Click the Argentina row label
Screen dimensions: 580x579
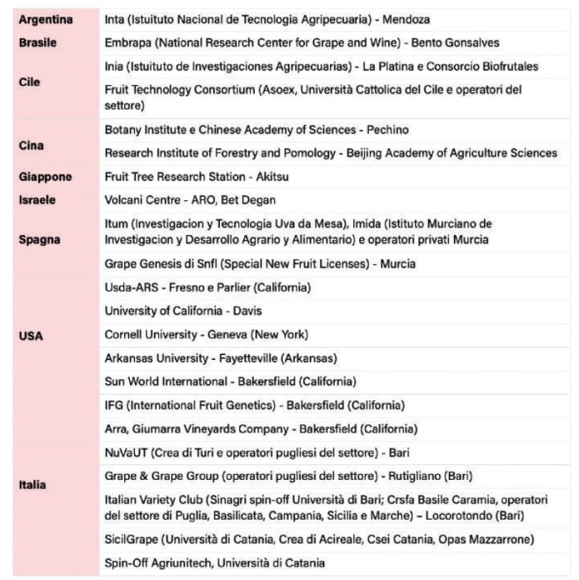[x=45, y=18]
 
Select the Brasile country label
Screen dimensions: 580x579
[x=38, y=42]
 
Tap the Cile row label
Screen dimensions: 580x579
[x=29, y=83]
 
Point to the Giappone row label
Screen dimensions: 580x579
[x=45, y=177]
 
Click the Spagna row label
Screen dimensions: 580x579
[x=38, y=240]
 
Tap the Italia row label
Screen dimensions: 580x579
[x=32, y=485]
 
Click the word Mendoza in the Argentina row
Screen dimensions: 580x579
[x=405, y=18]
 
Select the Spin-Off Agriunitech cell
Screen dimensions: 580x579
[x=214, y=563]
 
